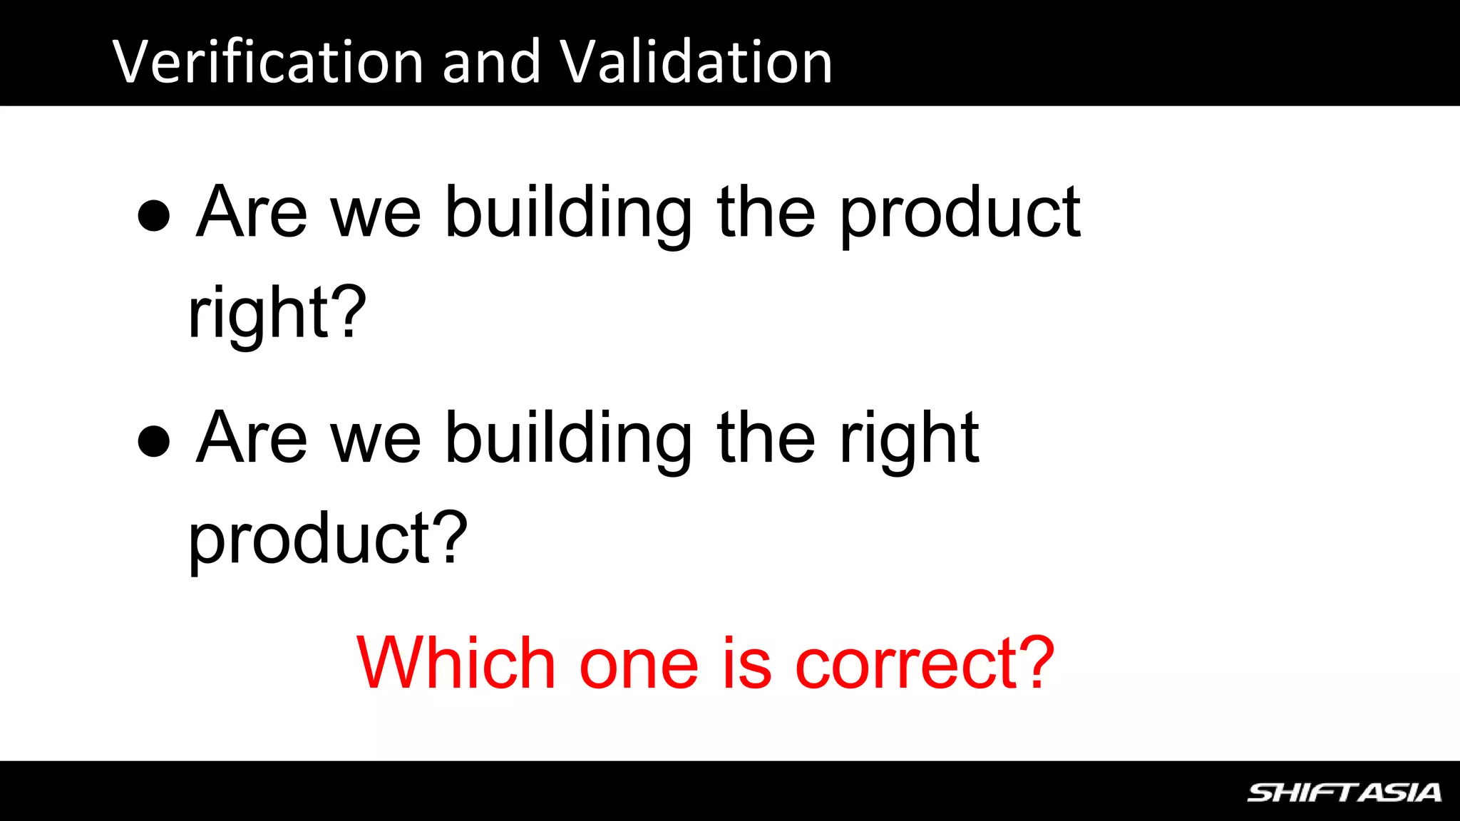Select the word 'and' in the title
click(491, 62)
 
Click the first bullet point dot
click(154, 215)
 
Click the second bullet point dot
click(154, 440)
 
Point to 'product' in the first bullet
click(960, 214)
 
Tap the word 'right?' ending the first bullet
click(277, 314)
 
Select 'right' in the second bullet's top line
click(909, 439)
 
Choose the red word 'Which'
click(456, 663)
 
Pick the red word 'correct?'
click(925, 663)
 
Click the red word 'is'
click(747, 663)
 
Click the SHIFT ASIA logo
click(1344, 792)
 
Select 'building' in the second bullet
click(569, 439)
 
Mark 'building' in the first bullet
click(569, 214)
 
